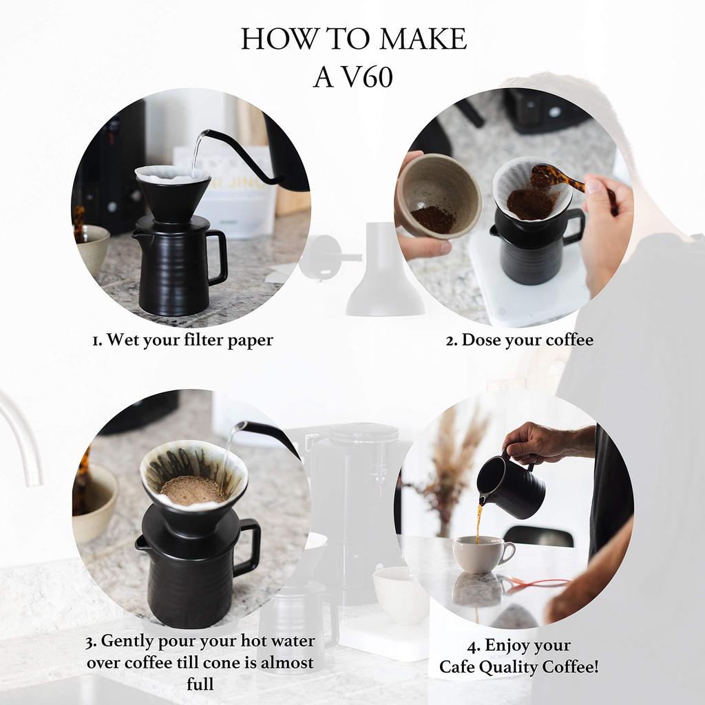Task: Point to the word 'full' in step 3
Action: coord(200,684)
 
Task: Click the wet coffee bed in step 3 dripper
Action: coord(193,490)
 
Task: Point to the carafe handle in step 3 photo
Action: coord(248,547)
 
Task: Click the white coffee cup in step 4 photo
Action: coord(482,554)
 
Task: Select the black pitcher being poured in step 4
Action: coord(513,487)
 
